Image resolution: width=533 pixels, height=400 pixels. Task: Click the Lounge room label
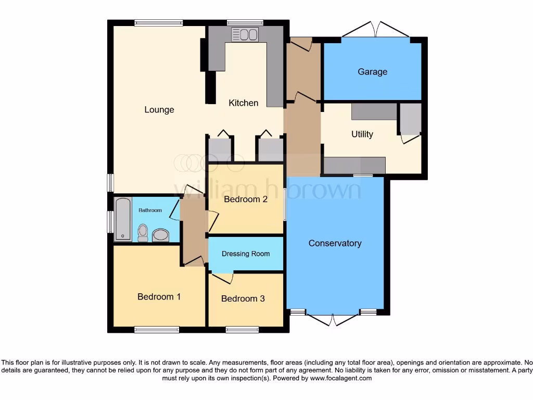(x=159, y=110)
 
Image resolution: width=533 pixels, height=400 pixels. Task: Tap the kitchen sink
(x=245, y=34)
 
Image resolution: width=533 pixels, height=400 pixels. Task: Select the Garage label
(x=372, y=72)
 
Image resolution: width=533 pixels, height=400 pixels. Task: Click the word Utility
(x=362, y=134)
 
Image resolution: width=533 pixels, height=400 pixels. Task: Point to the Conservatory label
(x=335, y=243)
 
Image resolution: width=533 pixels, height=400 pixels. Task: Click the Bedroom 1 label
(x=159, y=297)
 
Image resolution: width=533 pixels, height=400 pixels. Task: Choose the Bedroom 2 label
(x=245, y=199)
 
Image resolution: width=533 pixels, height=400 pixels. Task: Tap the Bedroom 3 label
(x=243, y=298)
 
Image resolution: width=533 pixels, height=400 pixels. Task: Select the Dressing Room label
(x=246, y=254)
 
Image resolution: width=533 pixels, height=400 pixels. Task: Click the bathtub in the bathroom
(x=123, y=219)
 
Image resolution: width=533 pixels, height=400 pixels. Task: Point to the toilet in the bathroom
(x=143, y=233)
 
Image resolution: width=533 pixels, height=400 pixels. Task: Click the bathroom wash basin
(x=161, y=235)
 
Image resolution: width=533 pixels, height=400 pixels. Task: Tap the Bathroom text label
(x=150, y=210)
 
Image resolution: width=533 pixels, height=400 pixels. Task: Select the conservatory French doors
(x=333, y=319)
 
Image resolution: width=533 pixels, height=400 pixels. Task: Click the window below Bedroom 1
(x=157, y=329)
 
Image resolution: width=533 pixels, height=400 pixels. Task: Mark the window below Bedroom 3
(x=242, y=329)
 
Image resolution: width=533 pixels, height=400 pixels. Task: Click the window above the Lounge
(x=158, y=22)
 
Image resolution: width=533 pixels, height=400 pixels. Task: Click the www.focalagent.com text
(x=341, y=378)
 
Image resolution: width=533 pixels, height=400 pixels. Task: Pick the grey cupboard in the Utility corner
(x=410, y=119)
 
